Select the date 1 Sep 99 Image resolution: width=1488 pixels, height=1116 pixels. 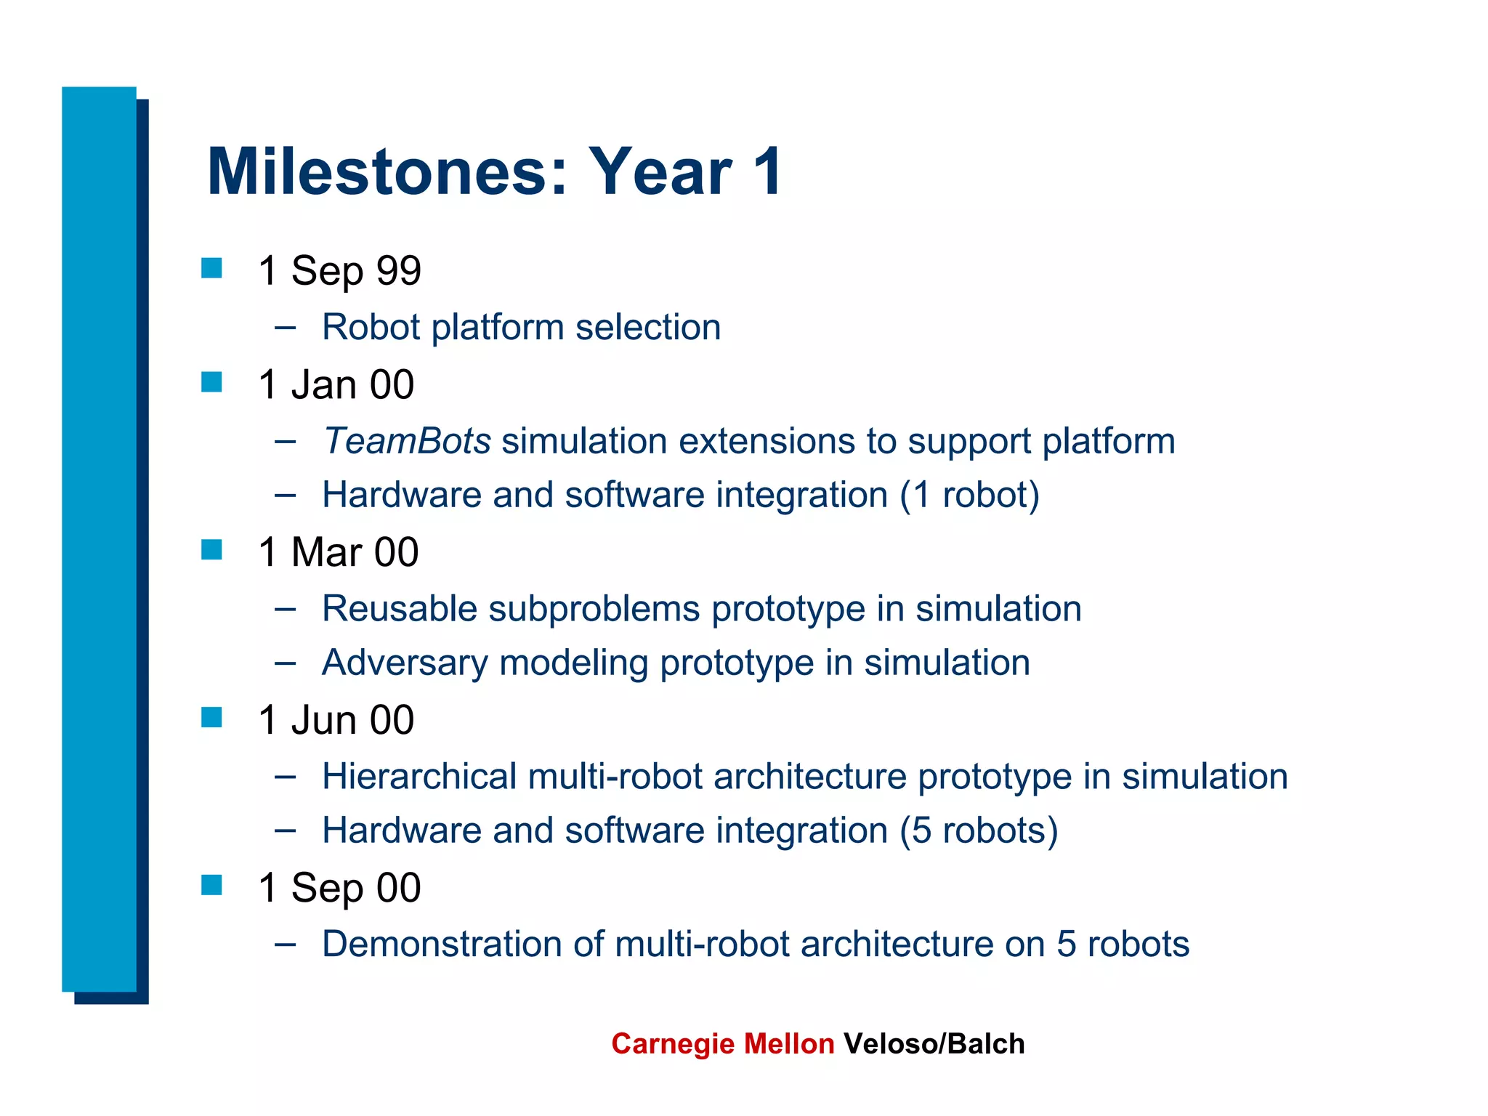tap(339, 271)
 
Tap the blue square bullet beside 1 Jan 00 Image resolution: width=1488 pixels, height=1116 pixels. tap(211, 381)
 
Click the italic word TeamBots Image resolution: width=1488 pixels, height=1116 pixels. tap(407, 441)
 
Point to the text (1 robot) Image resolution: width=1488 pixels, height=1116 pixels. tap(969, 495)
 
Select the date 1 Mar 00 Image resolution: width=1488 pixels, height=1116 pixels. tap(338, 552)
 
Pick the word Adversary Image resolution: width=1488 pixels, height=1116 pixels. tap(405, 663)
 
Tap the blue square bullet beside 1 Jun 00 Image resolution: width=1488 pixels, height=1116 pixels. tap(211, 717)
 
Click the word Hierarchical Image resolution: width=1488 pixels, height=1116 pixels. tap(419, 777)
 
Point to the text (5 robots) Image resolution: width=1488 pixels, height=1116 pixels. tap(978, 830)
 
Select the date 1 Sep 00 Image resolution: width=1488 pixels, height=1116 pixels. tap(339, 888)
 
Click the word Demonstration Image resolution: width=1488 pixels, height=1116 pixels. tap(442, 945)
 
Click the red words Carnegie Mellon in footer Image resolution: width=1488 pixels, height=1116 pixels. tap(722, 1044)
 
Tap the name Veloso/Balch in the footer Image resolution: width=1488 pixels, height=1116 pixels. tap(934, 1044)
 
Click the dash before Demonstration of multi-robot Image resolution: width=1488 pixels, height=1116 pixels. tap(286, 945)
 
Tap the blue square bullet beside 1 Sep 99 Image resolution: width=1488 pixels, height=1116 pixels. tap(211, 267)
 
